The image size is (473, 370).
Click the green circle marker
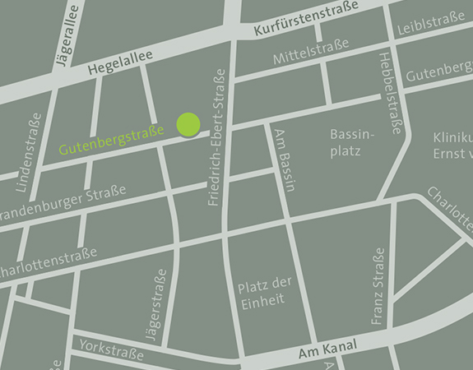[x=188, y=125]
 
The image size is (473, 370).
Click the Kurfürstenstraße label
[x=306, y=18]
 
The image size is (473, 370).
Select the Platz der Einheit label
[x=261, y=294]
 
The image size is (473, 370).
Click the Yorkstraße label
[x=111, y=350]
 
